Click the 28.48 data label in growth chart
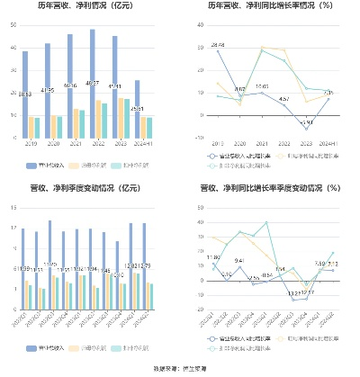[218, 44]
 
